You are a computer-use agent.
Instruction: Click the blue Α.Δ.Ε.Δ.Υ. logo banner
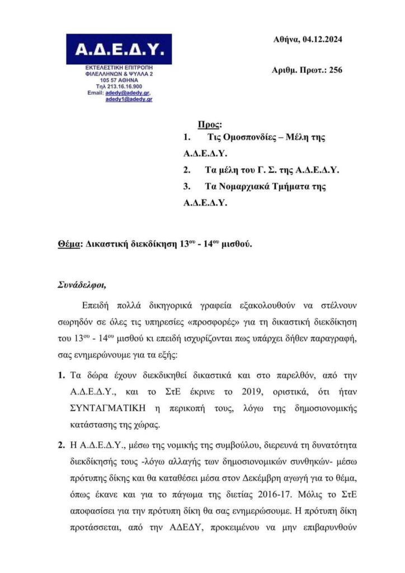[119, 49]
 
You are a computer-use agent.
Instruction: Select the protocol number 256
[336, 70]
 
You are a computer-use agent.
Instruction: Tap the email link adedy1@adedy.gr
[129, 98]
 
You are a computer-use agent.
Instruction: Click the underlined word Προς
[210, 124]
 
